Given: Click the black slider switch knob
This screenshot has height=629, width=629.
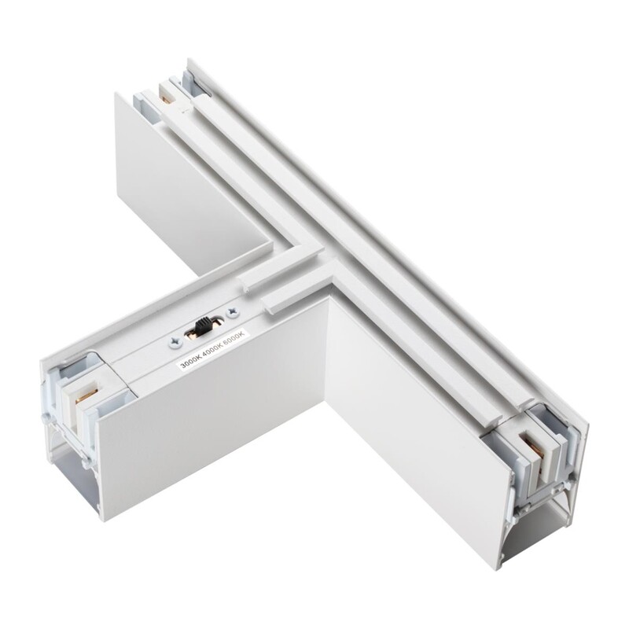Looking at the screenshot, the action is click(203, 323).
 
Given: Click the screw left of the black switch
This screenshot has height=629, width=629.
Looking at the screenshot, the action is click(175, 342).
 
